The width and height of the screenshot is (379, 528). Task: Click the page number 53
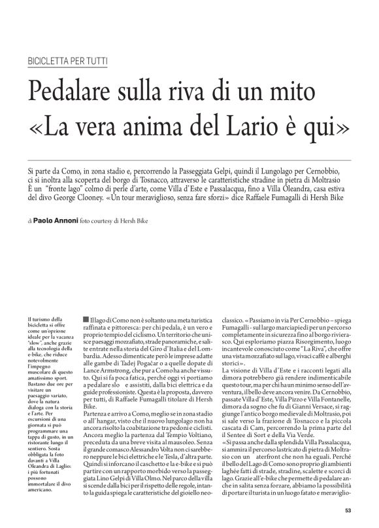click(348, 510)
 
